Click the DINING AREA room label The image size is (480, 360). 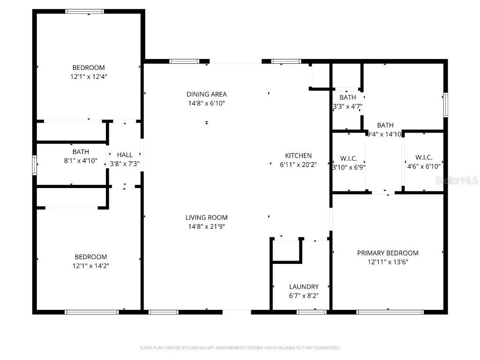206,94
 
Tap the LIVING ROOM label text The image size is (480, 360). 206,217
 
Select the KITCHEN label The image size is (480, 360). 299,156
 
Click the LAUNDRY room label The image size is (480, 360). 304,287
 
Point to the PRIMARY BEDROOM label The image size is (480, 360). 388,253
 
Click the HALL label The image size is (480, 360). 125,155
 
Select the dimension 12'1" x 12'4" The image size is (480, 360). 89,76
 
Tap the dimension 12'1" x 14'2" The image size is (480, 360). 90,266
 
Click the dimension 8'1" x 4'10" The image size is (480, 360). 81,161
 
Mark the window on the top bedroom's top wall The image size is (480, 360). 84,11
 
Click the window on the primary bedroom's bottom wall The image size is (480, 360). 390,312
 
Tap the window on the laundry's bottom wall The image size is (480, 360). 312,312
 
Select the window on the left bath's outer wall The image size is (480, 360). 34,165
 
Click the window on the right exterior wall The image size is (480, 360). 445,105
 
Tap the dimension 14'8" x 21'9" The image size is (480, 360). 206,226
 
